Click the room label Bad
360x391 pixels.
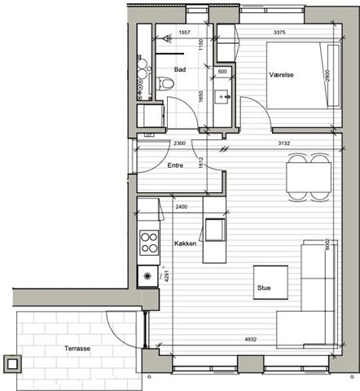click(180, 69)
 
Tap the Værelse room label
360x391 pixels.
click(281, 75)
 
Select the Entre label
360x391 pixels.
click(175, 165)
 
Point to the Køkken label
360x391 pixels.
click(185, 244)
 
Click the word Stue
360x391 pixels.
click(264, 288)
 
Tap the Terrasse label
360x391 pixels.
click(77, 349)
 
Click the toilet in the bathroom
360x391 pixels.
click(165, 83)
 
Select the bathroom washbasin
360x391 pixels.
click(222, 97)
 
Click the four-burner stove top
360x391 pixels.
click(149, 243)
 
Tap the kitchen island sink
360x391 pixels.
click(215, 230)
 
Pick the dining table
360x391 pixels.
click(309, 177)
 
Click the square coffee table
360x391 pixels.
click(270, 283)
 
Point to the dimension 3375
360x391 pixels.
click(279, 33)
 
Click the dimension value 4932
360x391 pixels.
click(250, 339)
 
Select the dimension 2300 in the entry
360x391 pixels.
click(179, 143)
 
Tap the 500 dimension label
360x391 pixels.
click(222, 72)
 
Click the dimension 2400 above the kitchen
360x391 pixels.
click(181, 207)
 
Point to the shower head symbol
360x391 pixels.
click(168, 38)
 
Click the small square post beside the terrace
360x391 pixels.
click(12, 364)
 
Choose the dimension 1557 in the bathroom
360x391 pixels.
click(184, 33)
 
